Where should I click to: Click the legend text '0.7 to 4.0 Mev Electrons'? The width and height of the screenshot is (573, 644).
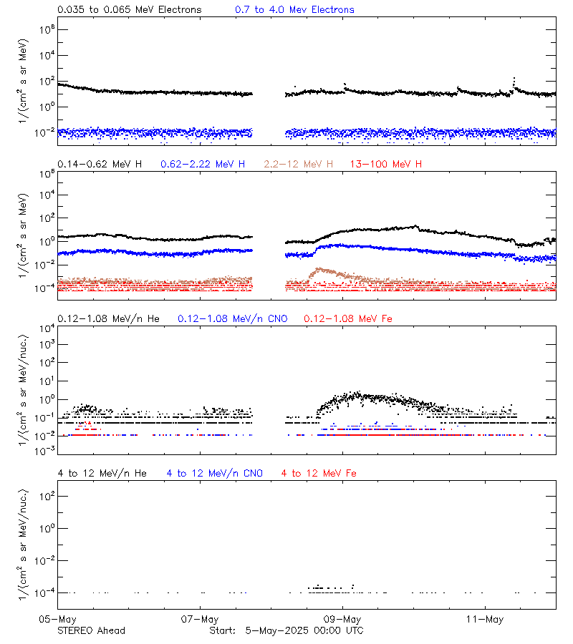[x=294, y=10]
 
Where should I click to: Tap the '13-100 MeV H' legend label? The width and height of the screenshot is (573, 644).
[x=385, y=165]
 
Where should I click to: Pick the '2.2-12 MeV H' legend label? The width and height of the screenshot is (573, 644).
[x=298, y=165]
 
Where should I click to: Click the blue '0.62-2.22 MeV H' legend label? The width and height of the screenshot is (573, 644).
[x=203, y=165]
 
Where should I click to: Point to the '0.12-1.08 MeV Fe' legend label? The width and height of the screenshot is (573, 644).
[x=348, y=318]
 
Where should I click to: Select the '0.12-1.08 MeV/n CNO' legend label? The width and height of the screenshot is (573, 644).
[x=232, y=318]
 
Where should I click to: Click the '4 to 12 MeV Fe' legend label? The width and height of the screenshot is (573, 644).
[x=319, y=473]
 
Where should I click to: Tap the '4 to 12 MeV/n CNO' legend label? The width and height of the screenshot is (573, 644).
[x=214, y=473]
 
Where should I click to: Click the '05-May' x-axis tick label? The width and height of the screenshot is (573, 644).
[x=57, y=618]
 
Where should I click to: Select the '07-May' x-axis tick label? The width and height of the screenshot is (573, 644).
[x=200, y=618]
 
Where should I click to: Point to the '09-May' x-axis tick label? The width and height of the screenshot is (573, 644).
[x=342, y=618]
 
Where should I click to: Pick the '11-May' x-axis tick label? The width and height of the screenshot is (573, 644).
[x=484, y=618]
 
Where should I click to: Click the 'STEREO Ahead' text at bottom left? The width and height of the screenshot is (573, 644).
[x=91, y=630]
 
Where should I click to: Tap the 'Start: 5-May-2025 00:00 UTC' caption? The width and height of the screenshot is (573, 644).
[x=286, y=630]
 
